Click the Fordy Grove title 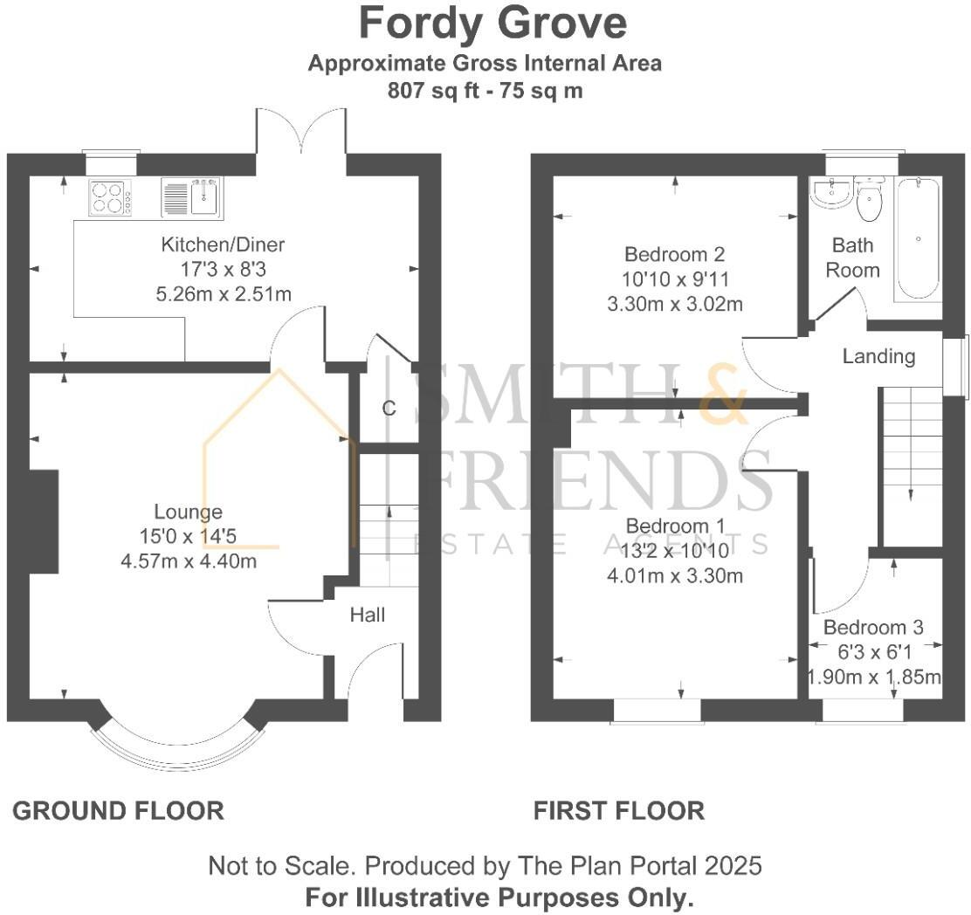tap(492, 24)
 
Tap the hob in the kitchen tap(110, 197)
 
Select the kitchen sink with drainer tap(191, 196)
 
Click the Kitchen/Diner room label tap(223, 244)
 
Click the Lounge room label tap(188, 512)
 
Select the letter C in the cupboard tap(389, 408)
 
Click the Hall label tap(368, 615)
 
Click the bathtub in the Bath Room tap(917, 238)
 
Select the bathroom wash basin tap(830, 192)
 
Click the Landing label tap(878, 356)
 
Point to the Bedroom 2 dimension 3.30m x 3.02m tap(675, 304)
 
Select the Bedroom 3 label tap(873, 628)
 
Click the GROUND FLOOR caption tap(118, 811)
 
